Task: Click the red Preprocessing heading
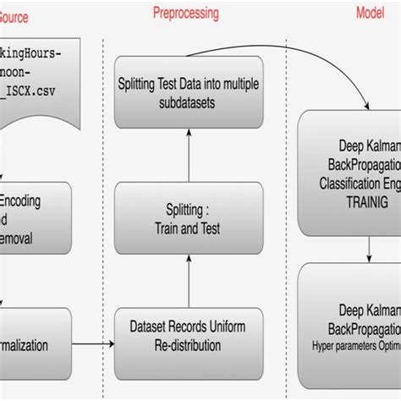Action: tap(185, 14)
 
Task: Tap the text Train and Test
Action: tap(189, 228)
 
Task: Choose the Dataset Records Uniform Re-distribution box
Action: tap(189, 337)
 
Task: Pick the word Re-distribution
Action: tap(189, 346)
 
